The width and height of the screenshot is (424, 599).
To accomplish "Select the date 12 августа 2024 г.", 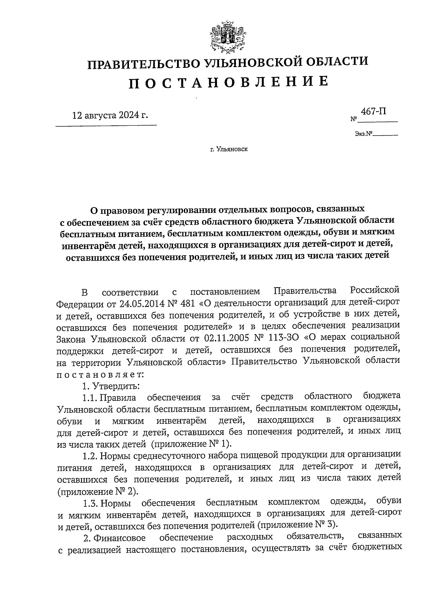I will pos(110,115).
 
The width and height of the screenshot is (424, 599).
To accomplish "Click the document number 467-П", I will pos(373,112).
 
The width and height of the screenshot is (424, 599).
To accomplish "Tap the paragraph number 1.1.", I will pos(90,397).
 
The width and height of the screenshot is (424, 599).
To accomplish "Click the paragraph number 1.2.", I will pos(90,456).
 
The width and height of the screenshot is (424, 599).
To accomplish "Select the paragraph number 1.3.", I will pos(90,502).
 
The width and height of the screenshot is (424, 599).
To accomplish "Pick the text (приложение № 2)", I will pos(98,491).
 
